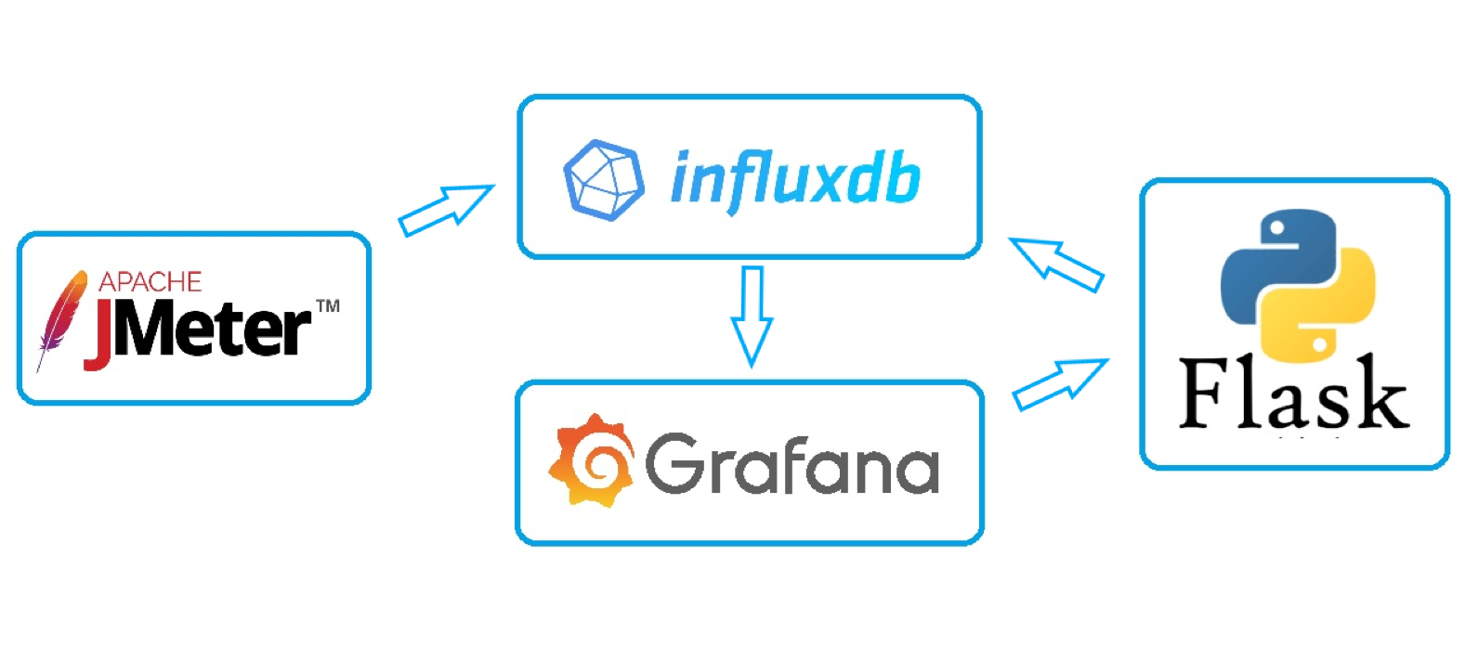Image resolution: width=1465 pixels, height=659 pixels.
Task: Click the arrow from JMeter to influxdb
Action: coord(445,211)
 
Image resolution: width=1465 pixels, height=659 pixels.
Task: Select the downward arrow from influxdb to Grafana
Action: coord(752,316)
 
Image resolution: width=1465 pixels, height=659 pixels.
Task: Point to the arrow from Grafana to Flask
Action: coord(1060,383)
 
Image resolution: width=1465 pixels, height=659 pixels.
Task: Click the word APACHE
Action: coord(150,282)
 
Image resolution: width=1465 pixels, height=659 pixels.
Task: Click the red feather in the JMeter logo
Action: coord(60,317)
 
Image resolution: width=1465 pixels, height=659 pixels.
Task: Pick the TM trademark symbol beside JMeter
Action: coord(328,305)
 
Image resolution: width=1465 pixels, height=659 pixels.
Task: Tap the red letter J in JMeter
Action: coord(99,334)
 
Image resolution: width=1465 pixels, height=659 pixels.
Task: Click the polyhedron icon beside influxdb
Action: coord(604,179)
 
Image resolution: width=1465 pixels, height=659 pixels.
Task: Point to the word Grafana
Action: coord(791,463)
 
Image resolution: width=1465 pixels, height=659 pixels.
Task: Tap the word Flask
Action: coord(1293,394)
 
